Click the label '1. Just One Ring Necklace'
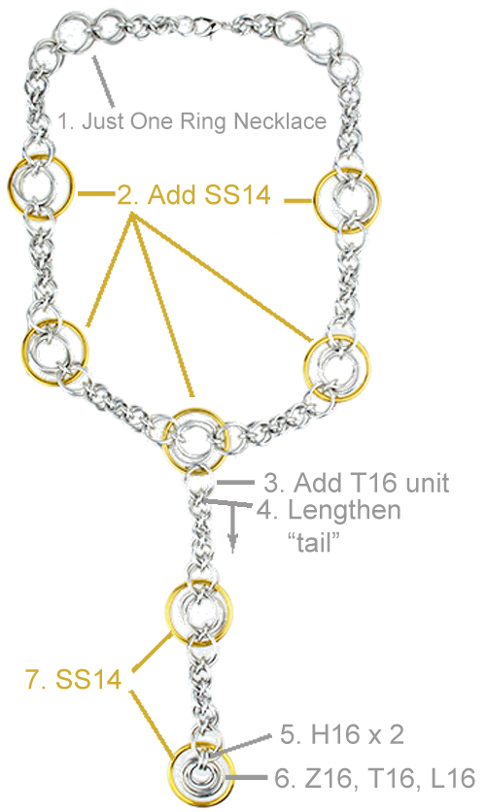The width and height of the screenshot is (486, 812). (x=191, y=121)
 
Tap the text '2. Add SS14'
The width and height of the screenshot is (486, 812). (x=193, y=195)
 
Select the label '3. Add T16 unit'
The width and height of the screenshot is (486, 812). (x=356, y=483)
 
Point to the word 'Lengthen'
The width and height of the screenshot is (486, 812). (x=344, y=511)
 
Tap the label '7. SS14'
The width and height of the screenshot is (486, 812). (x=74, y=679)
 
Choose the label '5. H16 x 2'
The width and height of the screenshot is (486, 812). (x=342, y=735)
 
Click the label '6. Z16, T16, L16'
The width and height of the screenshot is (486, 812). (x=374, y=778)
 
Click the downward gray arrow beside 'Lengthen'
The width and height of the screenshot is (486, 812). (x=232, y=527)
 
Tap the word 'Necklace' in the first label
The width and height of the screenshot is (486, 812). (x=280, y=121)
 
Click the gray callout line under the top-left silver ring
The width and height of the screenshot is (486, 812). (x=104, y=79)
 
